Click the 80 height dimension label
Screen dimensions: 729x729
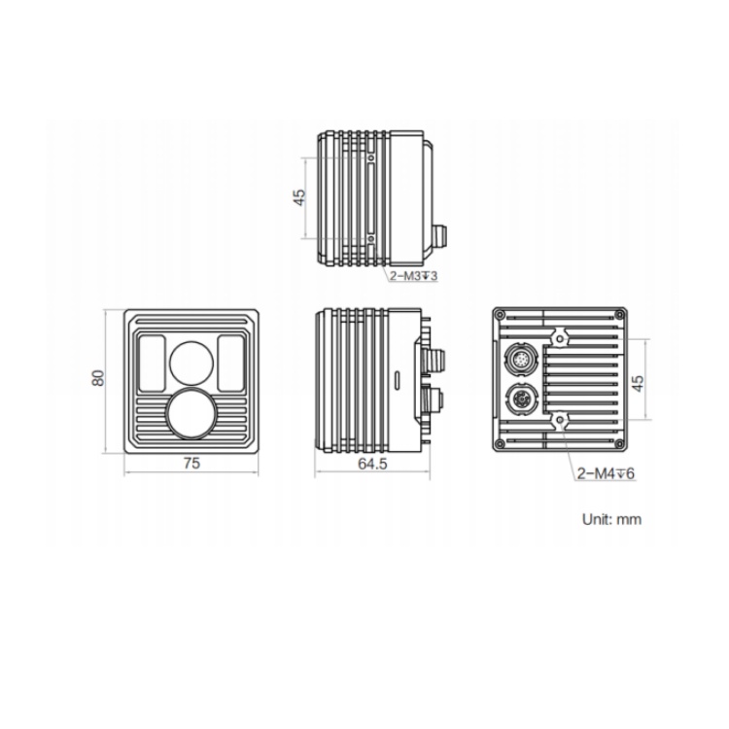97,377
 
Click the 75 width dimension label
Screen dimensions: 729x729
191,463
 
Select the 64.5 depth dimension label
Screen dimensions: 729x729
372,464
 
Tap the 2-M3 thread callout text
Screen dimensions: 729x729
414,276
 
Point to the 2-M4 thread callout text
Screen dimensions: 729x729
606,473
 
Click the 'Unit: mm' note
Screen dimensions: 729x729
611,519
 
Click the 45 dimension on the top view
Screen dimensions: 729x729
300,197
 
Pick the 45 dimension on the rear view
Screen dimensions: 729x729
639,382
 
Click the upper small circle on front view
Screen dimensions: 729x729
191,364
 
